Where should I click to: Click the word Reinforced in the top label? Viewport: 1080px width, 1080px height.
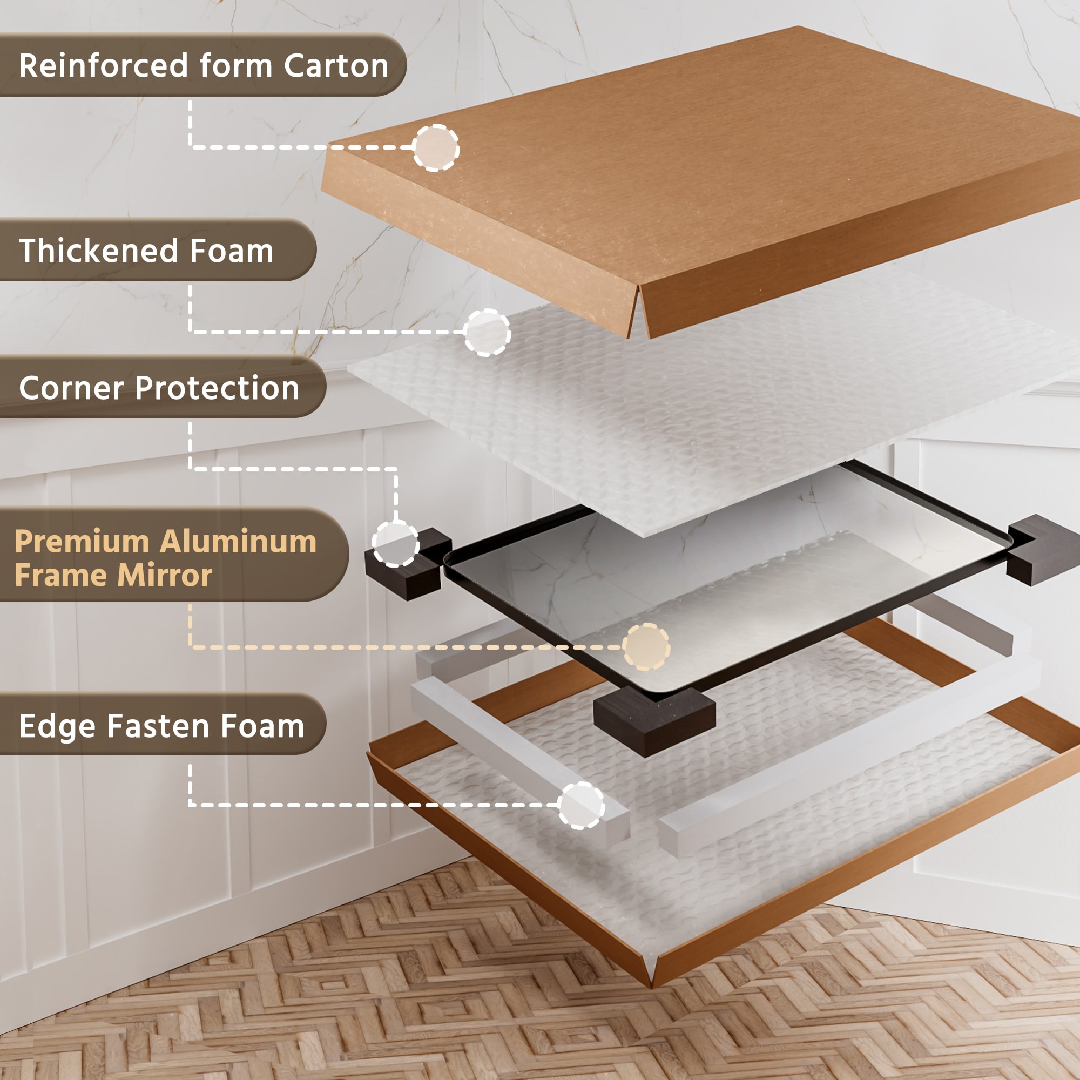(104, 65)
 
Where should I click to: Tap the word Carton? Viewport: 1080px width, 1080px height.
(336, 65)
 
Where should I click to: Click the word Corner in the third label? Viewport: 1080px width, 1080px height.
(71, 387)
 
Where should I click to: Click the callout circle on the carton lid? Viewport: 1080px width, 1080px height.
(436, 147)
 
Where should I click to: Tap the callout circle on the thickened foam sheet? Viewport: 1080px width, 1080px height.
(487, 332)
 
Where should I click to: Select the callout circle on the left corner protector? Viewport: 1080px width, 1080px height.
(395, 543)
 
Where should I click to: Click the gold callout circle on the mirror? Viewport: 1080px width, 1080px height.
(646, 647)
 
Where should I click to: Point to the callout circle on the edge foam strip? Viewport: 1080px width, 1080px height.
(582, 805)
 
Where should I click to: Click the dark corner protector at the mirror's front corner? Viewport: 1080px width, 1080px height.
(654, 721)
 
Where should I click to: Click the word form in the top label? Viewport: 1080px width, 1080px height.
(236, 65)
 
